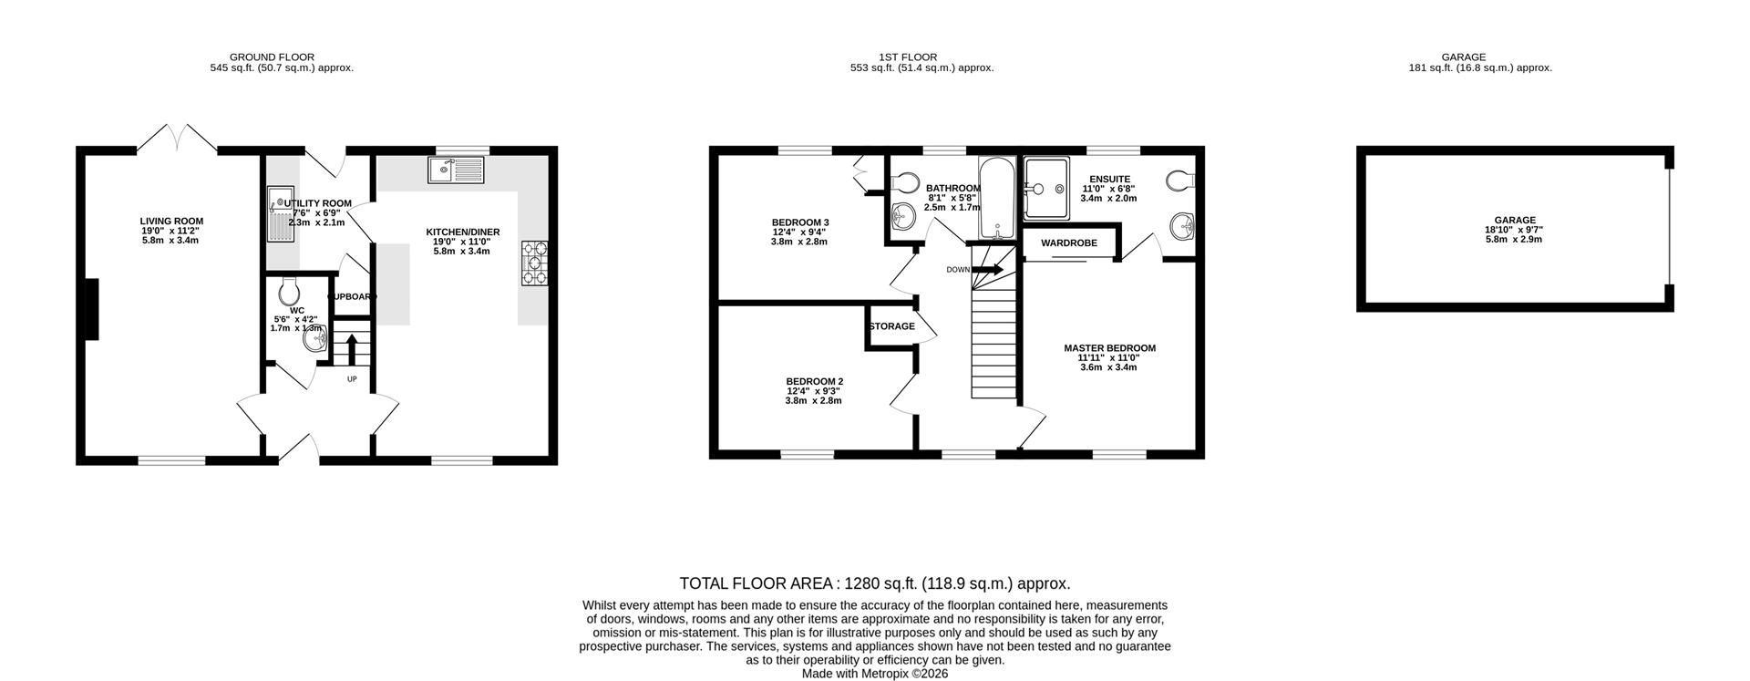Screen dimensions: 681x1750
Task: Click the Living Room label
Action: pyautogui.click(x=171, y=221)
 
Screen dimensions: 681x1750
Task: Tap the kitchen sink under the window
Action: pyautogui.click(x=457, y=169)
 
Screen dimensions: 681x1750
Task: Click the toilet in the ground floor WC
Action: pyautogui.click(x=290, y=292)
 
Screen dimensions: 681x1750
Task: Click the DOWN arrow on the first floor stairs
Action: pyautogui.click(x=990, y=270)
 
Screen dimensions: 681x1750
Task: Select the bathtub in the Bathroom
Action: pyautogui.click(x=996, y=198)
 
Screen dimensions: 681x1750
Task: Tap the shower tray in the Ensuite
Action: pyautogui.click(x=1046, y=189)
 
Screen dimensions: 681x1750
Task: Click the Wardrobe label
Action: pyautogui.click(x=1068, y=243)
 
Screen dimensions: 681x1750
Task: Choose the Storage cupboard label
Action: pyautogui.click(x=891, y=326)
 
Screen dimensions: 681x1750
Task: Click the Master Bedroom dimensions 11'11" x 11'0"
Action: pyautogui.click(x=1109, y=357)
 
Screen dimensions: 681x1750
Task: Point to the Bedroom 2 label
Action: pyautogui.click(x=814, y=381)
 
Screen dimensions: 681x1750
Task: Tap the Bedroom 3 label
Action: pyautogui.click(x=800, y=222)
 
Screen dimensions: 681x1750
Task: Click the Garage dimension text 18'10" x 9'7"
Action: pyautogui.click(x=1514, y=230)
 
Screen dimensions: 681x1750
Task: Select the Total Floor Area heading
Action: pyautogui.click(x=874, y=583)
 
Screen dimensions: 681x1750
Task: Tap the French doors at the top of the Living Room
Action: pyautogui.click(x=177, y=139)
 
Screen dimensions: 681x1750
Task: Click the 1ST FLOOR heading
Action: pyautogui.click(x=907, y=57)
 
